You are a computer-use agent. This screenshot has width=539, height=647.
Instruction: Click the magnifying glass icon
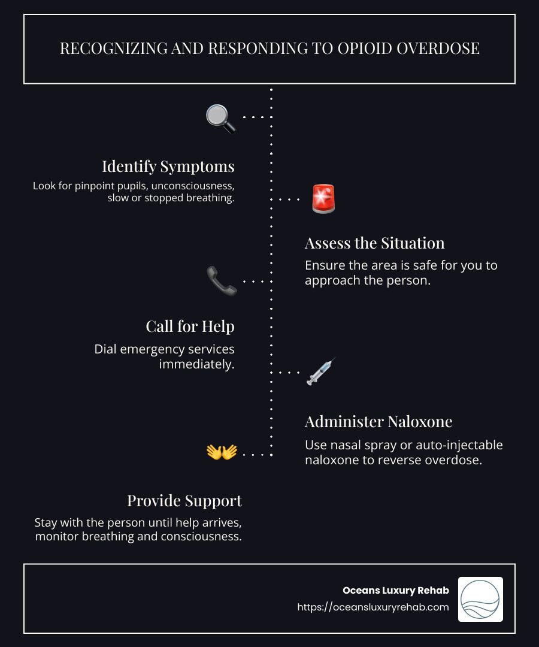220,118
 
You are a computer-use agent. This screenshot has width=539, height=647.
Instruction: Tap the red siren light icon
323,199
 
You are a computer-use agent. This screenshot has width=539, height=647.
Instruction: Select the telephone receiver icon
222,280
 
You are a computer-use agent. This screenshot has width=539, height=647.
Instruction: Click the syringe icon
321,371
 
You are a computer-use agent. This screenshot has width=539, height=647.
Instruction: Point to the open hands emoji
222,452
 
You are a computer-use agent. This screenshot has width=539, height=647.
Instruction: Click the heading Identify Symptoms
168,166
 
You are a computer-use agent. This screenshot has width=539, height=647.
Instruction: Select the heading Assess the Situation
374,243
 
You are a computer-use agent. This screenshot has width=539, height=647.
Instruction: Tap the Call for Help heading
190,326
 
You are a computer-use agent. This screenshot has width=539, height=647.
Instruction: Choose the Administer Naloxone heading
378,421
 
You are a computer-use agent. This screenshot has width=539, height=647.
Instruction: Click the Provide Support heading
184,500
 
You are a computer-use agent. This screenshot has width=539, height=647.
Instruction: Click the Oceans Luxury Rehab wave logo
480,599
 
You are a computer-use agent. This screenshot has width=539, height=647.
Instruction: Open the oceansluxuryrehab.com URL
373,607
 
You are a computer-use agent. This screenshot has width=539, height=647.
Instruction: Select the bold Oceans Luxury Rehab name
396,590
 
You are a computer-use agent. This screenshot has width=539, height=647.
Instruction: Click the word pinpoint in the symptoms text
100,186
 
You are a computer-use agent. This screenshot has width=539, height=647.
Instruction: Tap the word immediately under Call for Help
196,364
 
